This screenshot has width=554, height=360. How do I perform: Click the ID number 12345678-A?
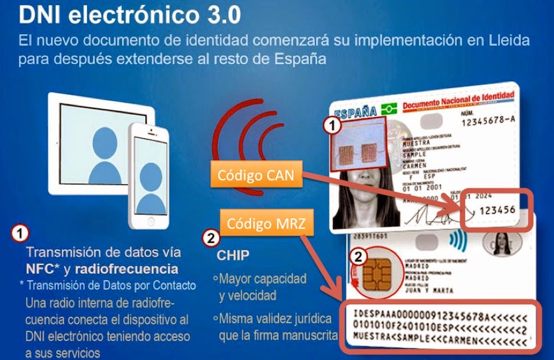(x=482, y=121)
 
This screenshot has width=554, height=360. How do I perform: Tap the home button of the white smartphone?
(x=151, y=221)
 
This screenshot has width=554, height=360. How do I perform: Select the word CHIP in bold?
(x=233, y=257)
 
